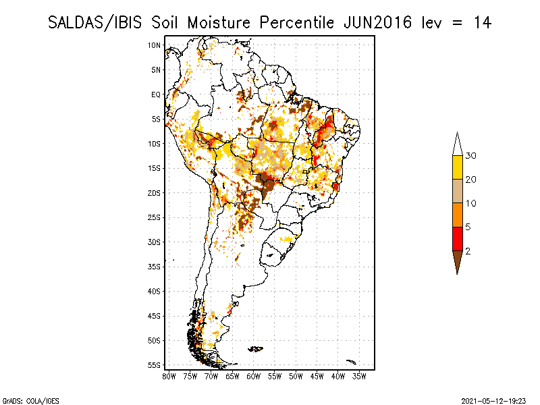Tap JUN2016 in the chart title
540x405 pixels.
(377, 22)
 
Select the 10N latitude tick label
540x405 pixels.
(155, 45)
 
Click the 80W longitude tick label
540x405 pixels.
(169, 376)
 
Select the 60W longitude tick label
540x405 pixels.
(254, 376)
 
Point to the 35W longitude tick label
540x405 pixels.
(359, 376)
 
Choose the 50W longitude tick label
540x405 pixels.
(296, 376)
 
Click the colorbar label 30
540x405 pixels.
(471, 156)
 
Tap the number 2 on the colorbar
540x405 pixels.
(468, 250)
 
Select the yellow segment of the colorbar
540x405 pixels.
(457, 167)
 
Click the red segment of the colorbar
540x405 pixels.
(457, 238)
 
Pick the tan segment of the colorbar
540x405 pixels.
(457, 191)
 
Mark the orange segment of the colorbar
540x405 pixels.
(457, 215)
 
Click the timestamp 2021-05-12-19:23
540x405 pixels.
(495, 400)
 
